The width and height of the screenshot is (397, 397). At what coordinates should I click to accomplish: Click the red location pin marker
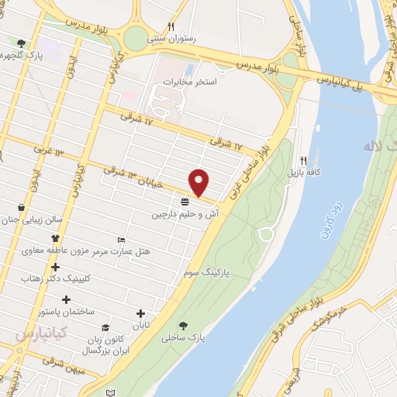[x=200, y=182]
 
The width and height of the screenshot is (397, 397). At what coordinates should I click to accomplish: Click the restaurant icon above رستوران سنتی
[x=171, y=26]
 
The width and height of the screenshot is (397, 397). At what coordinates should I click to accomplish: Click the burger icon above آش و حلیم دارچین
[x=185, y=202]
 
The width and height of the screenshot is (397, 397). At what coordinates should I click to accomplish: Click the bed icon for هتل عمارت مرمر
[x=120, y=240]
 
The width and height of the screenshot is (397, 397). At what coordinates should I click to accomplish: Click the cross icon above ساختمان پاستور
[x=67, y=299]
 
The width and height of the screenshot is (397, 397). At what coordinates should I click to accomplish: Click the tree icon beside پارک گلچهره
[x=21, y=44]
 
